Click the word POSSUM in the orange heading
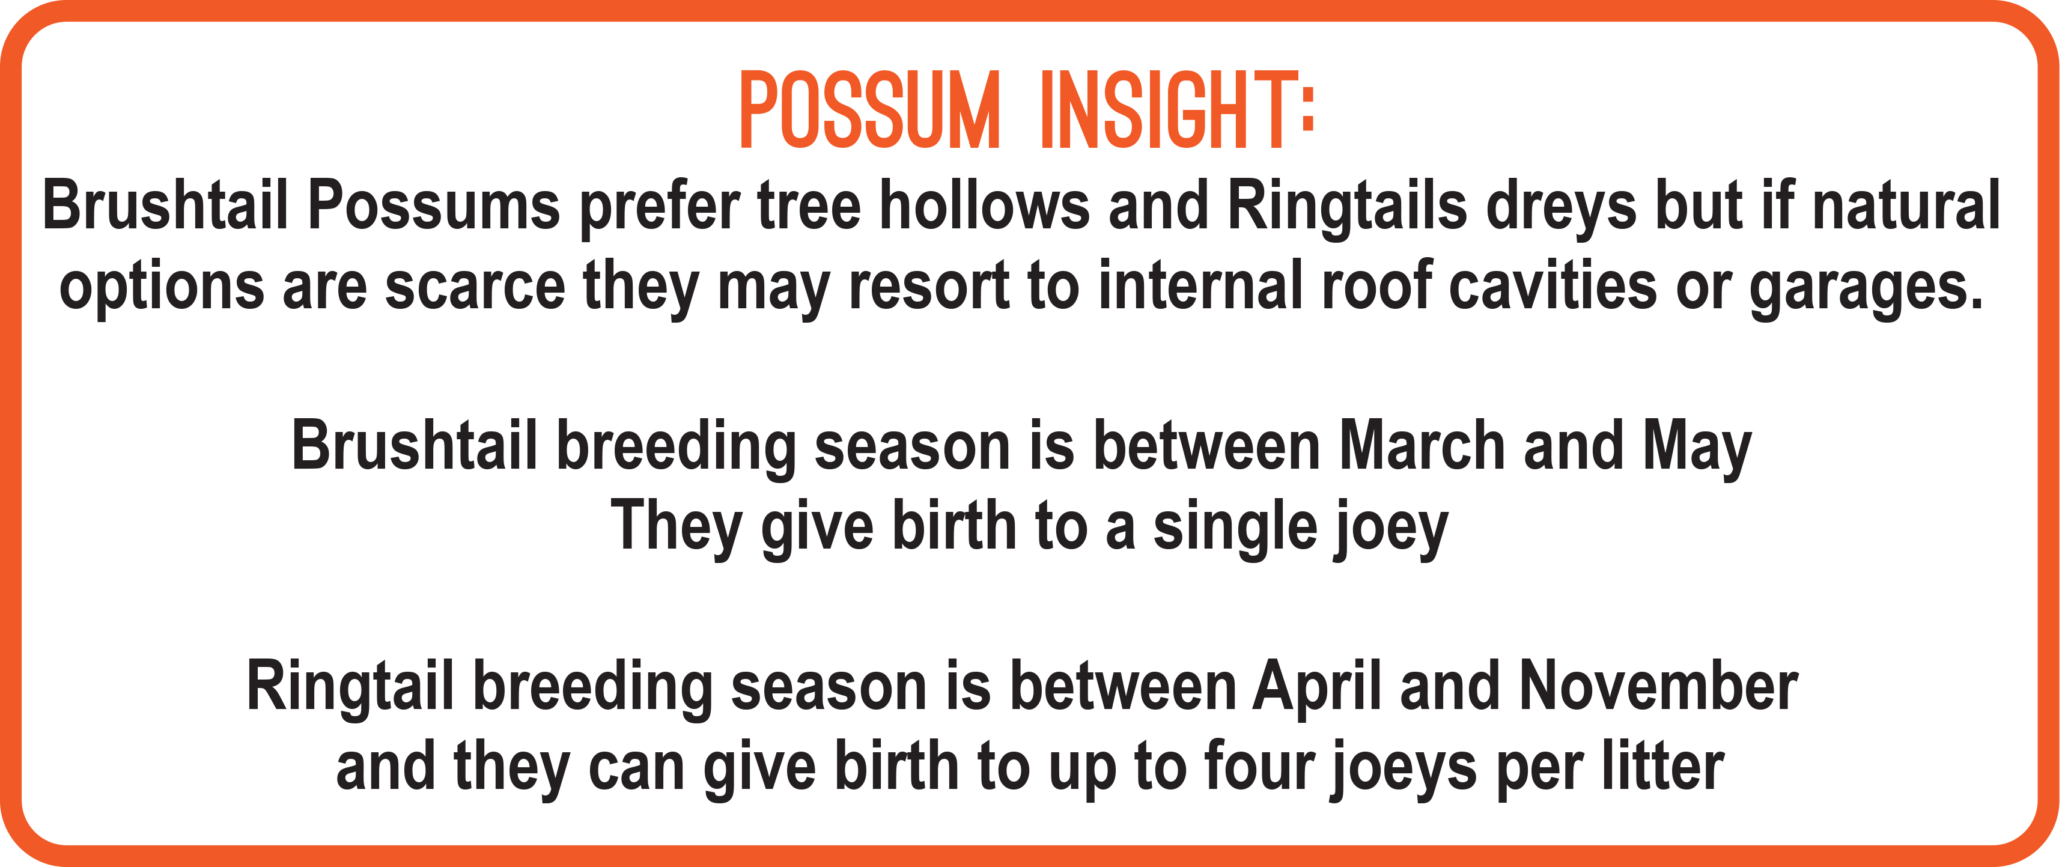[x=869, y=110]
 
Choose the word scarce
[x=475, y=287]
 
